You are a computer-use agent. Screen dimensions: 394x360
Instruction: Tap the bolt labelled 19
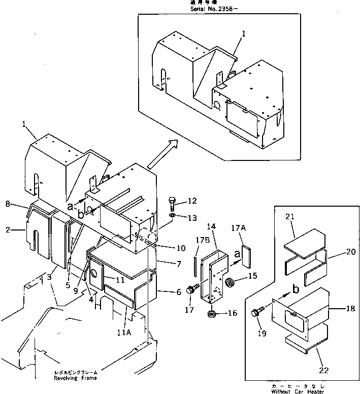(x=256, y=313)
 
